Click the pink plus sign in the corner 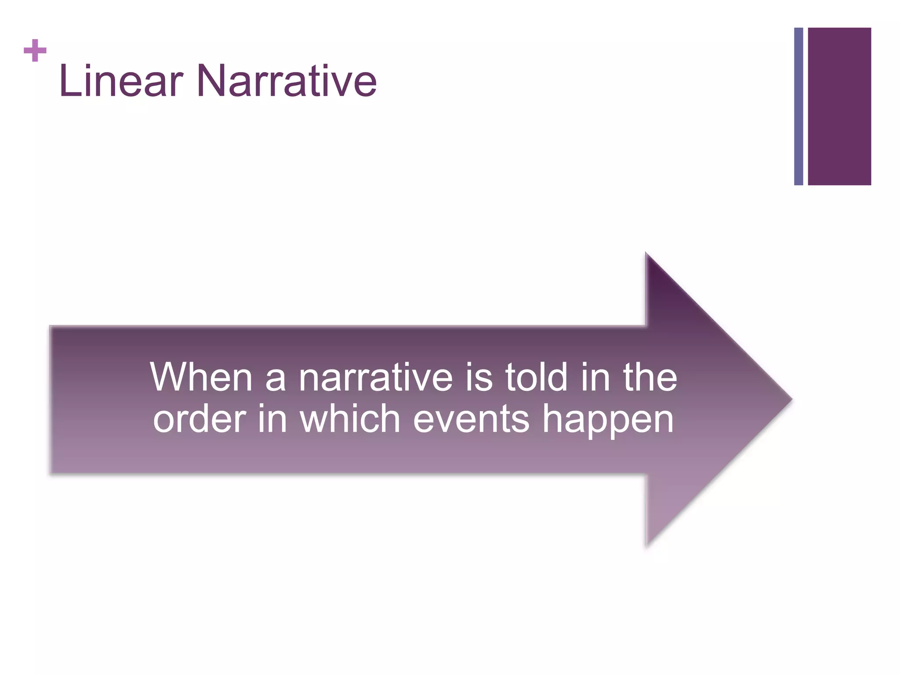point(35,51)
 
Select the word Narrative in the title point(287,81)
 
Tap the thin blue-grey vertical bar point(798,106)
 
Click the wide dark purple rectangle point(839,106)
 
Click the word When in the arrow point(201,377)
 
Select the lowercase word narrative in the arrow point(376,378)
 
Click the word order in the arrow point(200,420)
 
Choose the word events point(471,420)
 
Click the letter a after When point(276,380)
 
